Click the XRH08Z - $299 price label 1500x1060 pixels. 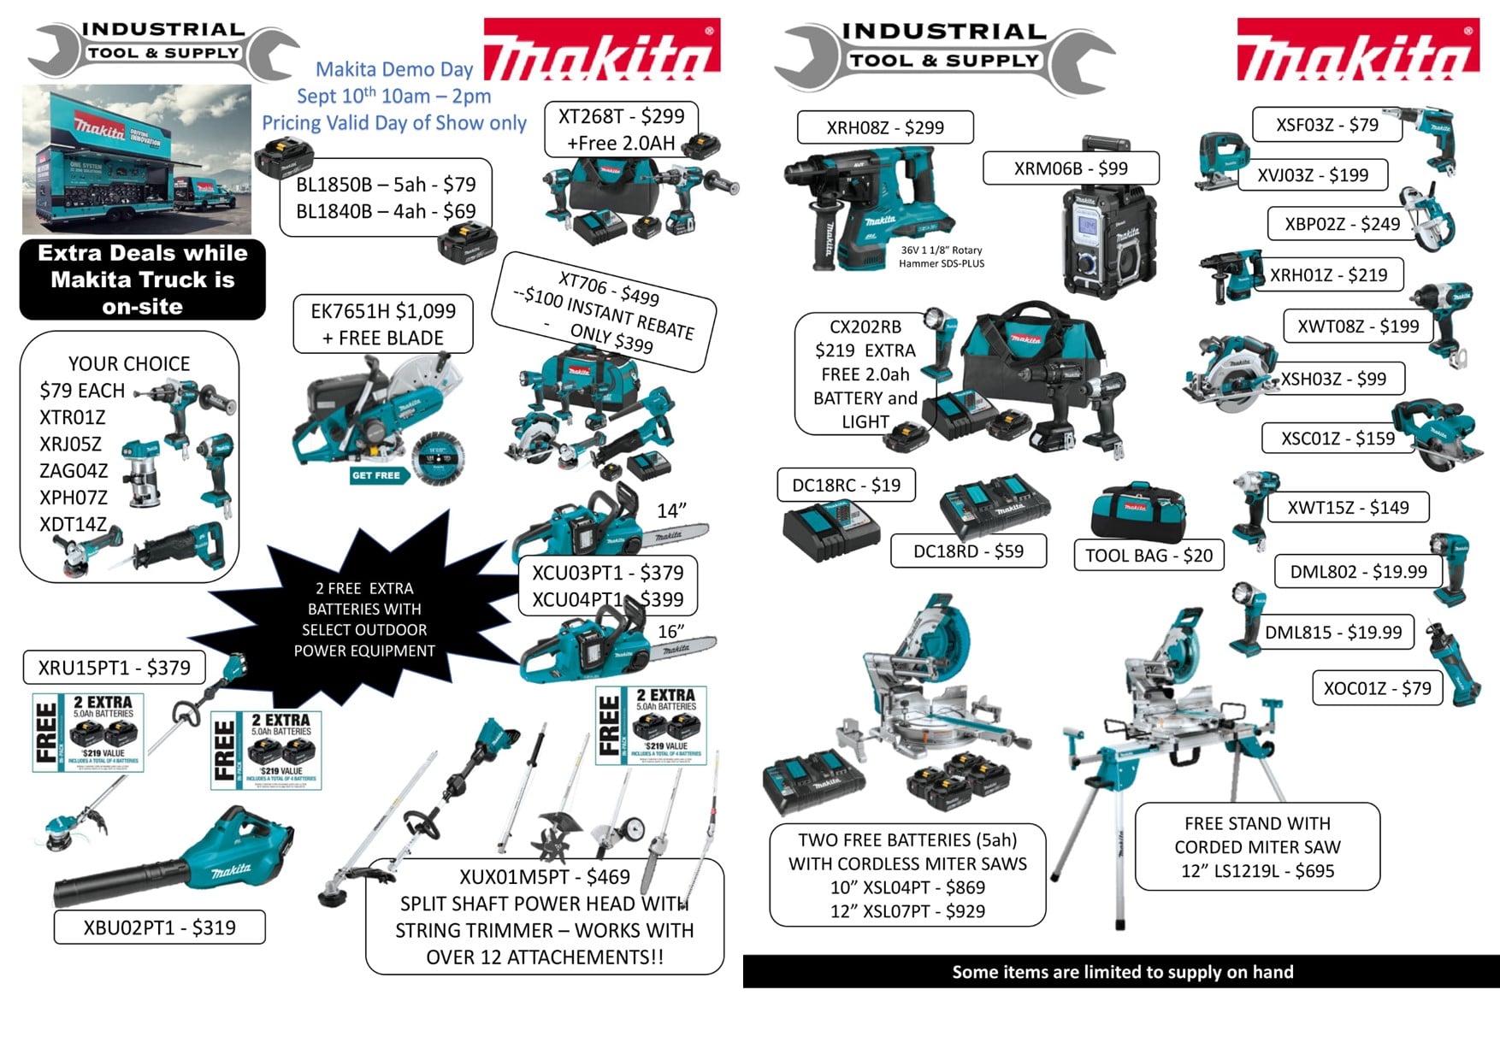point(884,127)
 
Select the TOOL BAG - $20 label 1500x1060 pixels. point(1149,555)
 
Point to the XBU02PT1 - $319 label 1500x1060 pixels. point(159,927)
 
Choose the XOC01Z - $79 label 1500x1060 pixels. point(1377,688)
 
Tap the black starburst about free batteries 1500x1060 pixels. point(364,619)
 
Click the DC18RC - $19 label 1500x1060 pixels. point(846,485)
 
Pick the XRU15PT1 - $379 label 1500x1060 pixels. point(114,668)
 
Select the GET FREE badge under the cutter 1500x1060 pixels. point(375,475)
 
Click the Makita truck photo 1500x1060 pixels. point(137,159)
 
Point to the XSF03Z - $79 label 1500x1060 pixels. point(1326,125)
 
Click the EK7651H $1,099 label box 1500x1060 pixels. point(382,324)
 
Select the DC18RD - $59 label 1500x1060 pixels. point(968,551)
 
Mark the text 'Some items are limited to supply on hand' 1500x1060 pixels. point(1122,972)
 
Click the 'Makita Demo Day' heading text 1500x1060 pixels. point(394,69)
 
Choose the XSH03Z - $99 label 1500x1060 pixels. point(1333,379)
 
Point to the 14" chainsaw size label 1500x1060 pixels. point(671,510)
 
